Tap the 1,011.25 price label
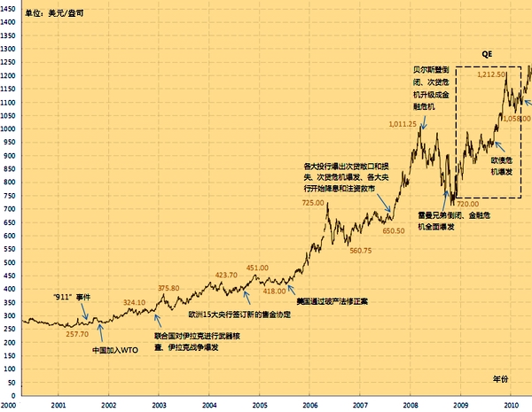pos(403,124)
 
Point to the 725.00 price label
pos(313,203)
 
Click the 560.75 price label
pos(361,251)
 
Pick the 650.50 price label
pos(394,230)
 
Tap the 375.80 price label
pos(168,288)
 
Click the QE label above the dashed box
pos(487,54)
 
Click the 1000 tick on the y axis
pos(10,128)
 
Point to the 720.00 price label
pos(467,204)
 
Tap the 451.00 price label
pos(257,268)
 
